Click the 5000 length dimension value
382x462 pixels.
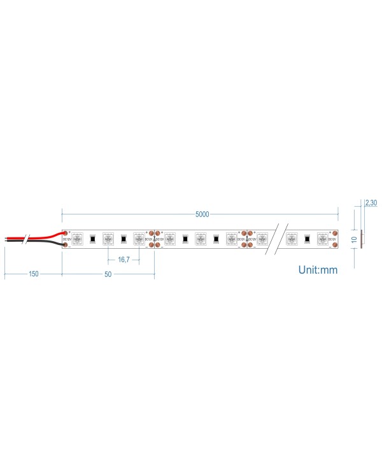(202, 214)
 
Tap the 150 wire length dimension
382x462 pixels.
(33, 274)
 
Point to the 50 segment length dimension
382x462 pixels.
(108, 274)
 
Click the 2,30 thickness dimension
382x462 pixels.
(371, 203)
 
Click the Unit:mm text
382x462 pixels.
(318, 270)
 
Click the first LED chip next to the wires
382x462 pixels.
(77, 239)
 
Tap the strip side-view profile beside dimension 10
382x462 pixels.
(362, 239)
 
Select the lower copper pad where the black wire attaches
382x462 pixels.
(66, 244)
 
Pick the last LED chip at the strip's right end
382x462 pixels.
(322, 239)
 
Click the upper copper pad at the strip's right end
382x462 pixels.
(333, 234)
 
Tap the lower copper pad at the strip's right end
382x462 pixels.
(333, 245)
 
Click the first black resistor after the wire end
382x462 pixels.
(92, 239)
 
